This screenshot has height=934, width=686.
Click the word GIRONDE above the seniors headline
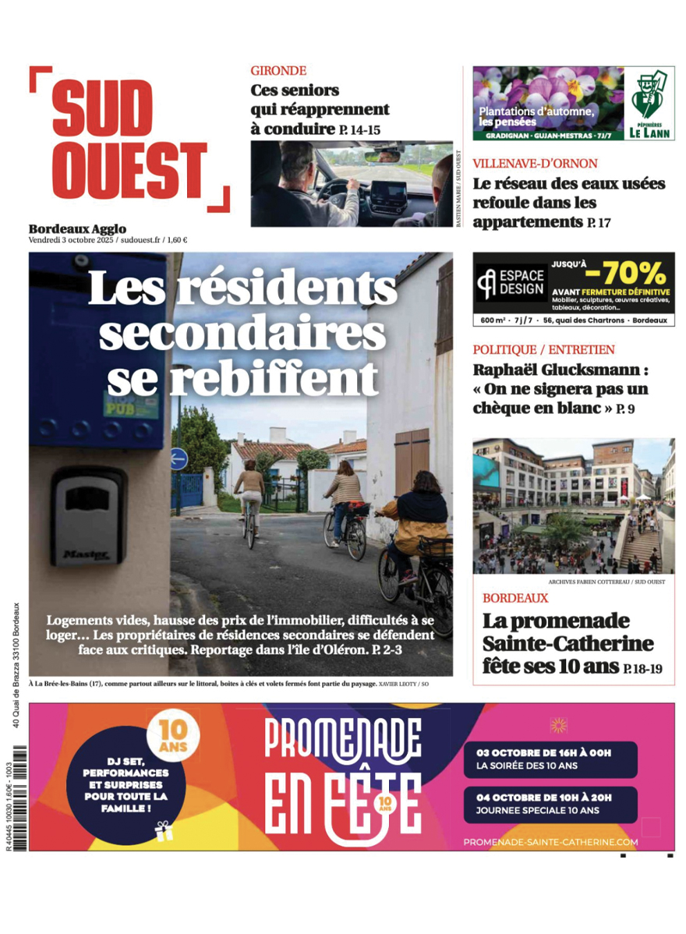click(278, 70)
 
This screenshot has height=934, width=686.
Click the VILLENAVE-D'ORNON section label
click(535, 164)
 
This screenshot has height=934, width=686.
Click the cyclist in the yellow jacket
click(412, 530)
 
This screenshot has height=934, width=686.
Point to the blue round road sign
click(179, 458)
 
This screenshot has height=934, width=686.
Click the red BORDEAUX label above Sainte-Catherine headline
click(514, 598)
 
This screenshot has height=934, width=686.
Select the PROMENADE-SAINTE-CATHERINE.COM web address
click(550, 842)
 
